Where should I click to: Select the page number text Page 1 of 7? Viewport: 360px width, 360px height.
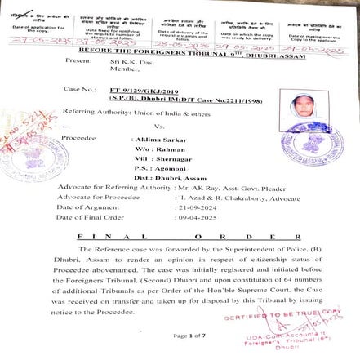(189, 336)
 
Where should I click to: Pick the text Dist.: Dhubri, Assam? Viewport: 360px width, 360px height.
(162, 178)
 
